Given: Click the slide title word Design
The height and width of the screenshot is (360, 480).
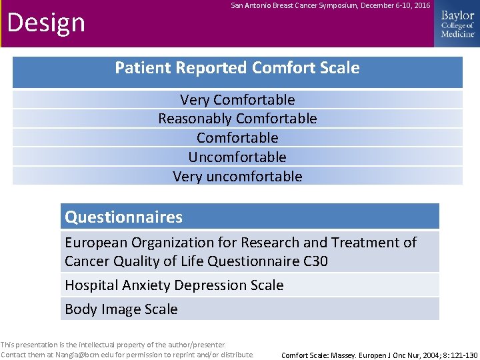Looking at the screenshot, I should point(46,23).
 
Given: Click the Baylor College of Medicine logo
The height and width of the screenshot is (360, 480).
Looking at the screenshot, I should point(457,24).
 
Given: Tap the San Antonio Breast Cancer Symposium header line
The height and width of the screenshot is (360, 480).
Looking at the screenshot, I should point(330,6).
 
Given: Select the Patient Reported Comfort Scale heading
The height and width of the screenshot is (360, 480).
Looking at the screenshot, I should point(237,68).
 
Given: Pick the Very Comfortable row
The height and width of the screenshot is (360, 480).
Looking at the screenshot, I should point(237,100).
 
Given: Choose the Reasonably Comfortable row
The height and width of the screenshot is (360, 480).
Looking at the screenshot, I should point(237,119).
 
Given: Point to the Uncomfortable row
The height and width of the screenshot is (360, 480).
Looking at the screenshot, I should point(237,157).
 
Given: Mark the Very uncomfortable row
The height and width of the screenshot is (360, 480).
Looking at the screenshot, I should point(237,177).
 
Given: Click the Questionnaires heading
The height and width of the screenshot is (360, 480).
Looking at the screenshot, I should point(123,217).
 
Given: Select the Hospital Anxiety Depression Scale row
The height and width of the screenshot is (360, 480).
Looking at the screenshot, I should point(174,285).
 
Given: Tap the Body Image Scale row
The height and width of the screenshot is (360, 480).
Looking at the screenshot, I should point(121,309).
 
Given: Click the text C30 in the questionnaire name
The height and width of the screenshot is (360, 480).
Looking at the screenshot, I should point(315,261).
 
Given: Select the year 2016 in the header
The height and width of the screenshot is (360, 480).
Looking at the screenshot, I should point(421,6).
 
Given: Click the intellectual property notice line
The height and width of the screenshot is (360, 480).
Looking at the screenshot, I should point(113,345).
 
